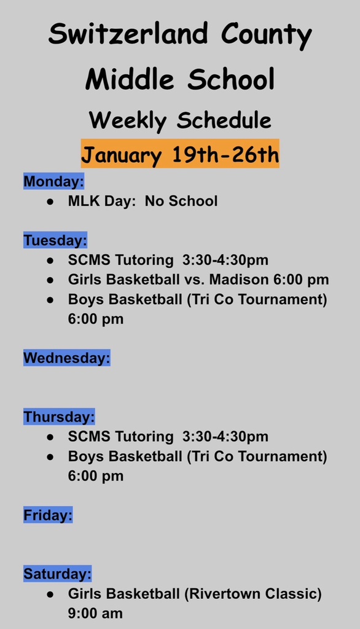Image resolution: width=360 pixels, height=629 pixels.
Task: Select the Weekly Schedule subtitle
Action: click(180, 120)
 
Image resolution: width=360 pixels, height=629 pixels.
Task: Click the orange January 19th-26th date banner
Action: click(180, 154)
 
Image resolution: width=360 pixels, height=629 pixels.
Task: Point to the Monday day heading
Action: click(53, 182)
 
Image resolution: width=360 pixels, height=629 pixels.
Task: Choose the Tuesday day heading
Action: click(55, 240)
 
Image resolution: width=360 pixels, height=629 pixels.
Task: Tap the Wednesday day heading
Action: click(66, 358)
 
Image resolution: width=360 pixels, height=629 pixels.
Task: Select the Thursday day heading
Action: click(59, 417)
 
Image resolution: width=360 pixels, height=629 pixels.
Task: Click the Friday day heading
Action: click(48, 515)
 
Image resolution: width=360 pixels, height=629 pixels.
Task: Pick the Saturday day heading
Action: click(57, 574)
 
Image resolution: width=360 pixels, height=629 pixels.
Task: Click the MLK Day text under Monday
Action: click(102, 201)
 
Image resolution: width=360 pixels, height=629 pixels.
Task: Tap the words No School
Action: click(181, 201)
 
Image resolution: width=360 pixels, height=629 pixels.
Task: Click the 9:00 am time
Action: click(95, 613)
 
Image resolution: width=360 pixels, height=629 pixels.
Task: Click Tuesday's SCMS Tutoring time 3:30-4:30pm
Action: click(225, 260)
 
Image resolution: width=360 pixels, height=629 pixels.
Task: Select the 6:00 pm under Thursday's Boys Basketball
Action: click(96, 476)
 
